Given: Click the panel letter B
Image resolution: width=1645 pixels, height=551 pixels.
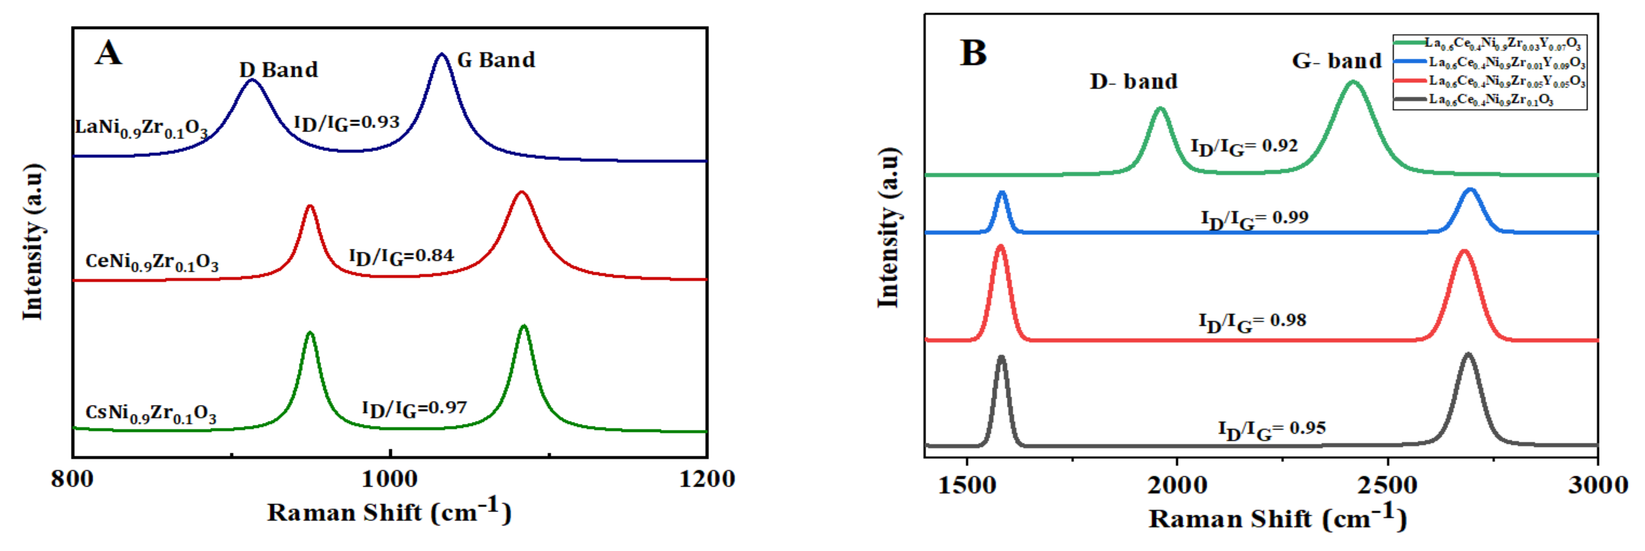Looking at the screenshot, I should click(973, 53).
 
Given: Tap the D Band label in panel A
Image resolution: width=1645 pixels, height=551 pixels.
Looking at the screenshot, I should click(278, 70).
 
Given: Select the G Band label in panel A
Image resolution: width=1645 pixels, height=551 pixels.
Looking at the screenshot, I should click(496, 60).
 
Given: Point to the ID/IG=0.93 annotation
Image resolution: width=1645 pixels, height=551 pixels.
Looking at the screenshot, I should click(347, 123).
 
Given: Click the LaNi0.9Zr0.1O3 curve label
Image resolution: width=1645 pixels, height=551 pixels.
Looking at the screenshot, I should click(141, 128).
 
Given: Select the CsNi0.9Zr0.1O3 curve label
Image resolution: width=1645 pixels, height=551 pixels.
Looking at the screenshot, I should click(151, 414).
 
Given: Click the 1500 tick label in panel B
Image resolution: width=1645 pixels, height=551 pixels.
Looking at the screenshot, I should click(967, 485).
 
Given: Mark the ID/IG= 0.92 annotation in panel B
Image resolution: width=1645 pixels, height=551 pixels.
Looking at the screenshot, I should click(1244, 147).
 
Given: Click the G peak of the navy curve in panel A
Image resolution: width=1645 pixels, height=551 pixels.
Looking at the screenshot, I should click(441, 55).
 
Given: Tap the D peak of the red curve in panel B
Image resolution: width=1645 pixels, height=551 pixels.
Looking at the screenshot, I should click(1001, 246).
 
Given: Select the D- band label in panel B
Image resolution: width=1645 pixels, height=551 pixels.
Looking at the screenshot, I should click(1134, 82).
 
